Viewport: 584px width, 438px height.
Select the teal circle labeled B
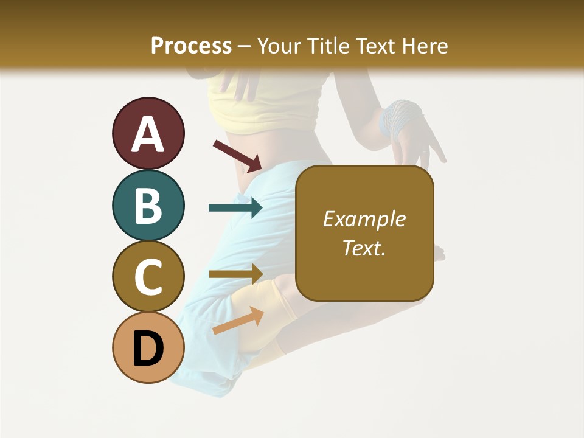click(x=148, y=205)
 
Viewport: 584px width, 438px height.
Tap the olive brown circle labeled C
click(x=148, y=276)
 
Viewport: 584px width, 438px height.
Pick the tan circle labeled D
click(x=148, y=347)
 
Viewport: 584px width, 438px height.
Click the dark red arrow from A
click(x=237, y=155)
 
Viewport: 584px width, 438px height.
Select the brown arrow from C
click(x=235, y=274)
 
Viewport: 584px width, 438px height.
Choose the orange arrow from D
click(x=237, y=321)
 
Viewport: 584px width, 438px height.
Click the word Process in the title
click(x=191, y=46)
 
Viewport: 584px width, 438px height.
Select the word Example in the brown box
click(x=364, y=219)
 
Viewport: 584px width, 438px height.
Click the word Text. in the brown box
click(x=364, y=248)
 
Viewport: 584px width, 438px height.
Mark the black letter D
click(x=148, y=349)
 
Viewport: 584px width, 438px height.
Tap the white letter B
click(x=148, y=206)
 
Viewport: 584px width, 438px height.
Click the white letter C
click(x=148, y=277)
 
